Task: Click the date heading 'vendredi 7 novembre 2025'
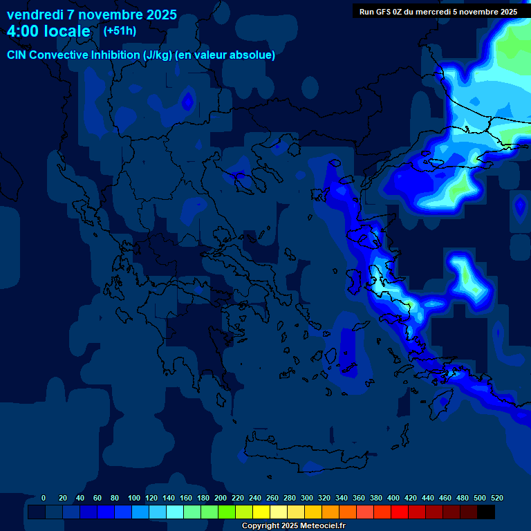[92, 15]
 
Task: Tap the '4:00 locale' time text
[48, 31]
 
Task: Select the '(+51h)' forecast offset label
[120, 30]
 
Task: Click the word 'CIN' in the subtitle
[18, 55]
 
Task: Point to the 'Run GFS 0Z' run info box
[438, 11]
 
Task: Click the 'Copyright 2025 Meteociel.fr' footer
[293, 525]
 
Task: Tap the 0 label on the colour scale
[44, 498]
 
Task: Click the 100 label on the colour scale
[134, 498]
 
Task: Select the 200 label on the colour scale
[221, 498]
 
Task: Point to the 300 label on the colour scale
[307, 498]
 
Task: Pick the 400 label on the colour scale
[393, 498]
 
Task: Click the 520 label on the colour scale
[497, 498]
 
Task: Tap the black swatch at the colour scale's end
[486, 512]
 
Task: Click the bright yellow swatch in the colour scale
[261, 512]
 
